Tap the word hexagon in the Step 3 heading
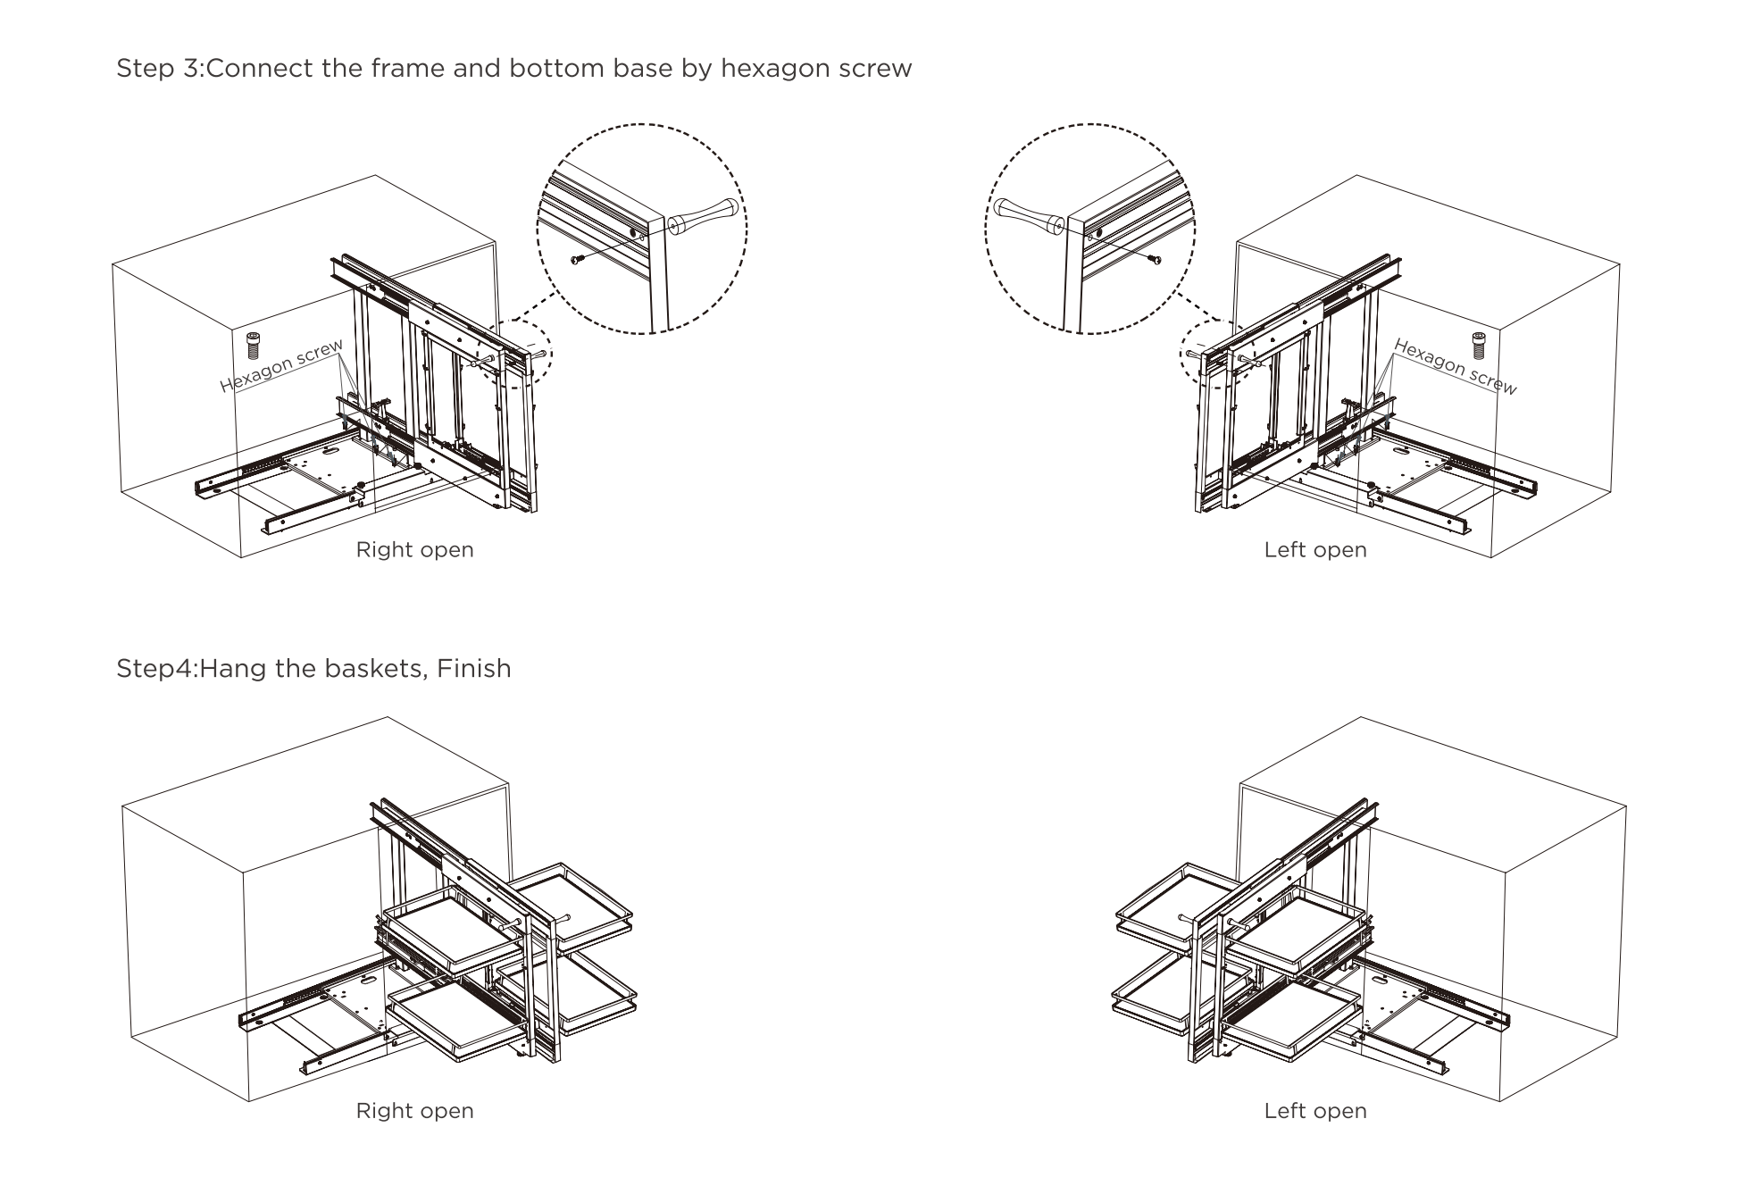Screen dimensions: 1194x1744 (764, 69)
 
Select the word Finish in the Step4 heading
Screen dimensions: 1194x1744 (473, 669)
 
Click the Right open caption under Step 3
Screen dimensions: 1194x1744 (414, 550)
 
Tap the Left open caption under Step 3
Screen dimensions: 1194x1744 (1315, 550)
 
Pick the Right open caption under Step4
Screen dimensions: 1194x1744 (414, 1111)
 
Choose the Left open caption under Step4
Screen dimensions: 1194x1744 (1315, 1111)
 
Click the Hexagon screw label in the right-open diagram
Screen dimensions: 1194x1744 (281, 366)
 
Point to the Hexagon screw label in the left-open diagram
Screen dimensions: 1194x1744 (1455, 367)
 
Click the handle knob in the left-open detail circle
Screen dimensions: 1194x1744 (1027, 215)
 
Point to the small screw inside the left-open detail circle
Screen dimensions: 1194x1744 (1156, 260)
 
